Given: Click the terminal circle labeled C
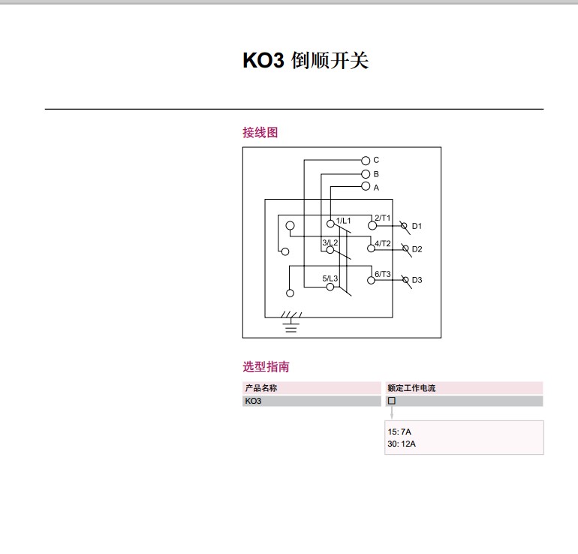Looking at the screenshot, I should pyautogui.click(x=366, y=160).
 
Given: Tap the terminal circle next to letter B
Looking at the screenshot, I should pyautogui.click(x=366, y=174).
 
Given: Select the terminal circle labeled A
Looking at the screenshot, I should pyautogui.click(x=366, y=186).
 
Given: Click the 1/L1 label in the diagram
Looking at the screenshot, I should pyautogui.click(x=343, y=220).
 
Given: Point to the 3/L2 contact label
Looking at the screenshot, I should pyautogui.click(x=330, y=242).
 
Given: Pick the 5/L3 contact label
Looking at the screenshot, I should pyautogui.click(x=330, y=279).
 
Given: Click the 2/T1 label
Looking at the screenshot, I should pyautogui.click(x=382, y=218).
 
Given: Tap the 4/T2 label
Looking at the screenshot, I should pyautogui.click(x=382, y=243).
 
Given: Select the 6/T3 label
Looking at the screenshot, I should pyautogui.click(x=382, y=274).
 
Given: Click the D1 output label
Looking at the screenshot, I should pyautogui.click(x=417, y=226).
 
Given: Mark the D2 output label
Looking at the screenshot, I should pyautogui.click(x=417, y=249).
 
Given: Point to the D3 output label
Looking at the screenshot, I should pyautogui.click(x=417, y=280).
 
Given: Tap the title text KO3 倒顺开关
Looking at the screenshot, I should pyautogui.click(x=306, y=61).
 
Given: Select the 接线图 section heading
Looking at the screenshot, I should pyautogui.click(x=260, y=132).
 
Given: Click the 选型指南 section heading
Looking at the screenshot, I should pyautogui.click(x=266, y=367).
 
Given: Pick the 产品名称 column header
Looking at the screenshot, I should pyautogui.click(x=261, y=388).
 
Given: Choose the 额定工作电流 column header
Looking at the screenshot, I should pyautogui.click(x=411, y=388).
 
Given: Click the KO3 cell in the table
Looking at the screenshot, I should pyautogui.click(x=253, y=401).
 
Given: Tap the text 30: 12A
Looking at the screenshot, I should pyautogui.click(x=402, y=444).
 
